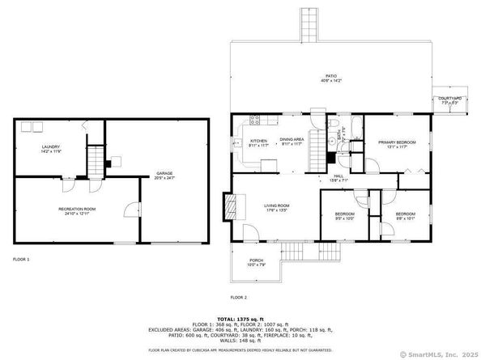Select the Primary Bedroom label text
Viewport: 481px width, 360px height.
(397, 144)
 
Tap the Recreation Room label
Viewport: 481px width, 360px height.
(78, 211)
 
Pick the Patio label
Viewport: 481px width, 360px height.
(330, 78)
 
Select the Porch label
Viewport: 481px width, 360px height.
(255, 262)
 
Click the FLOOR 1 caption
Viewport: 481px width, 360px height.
(21, 259)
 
